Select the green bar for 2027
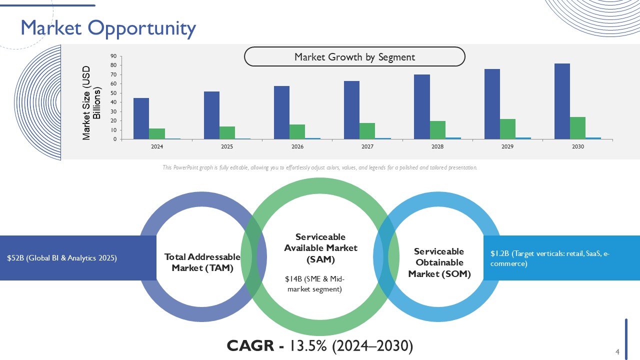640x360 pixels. (x=367, y=131)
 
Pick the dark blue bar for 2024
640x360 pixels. (x=141, y=118)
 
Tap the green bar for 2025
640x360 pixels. (x=227, y=133)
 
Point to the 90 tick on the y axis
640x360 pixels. (x=114, y=56)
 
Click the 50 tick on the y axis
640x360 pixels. (x=114, y=93)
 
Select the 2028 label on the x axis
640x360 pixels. (x=437, y=147)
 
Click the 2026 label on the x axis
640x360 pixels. (x=297, y=147)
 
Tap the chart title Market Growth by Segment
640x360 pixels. (x=354, y=57)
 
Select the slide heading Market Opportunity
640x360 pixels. (x=108, y=28)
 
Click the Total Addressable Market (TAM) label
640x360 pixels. (x=202, y=262)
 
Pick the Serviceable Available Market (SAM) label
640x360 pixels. (x=320, y=248)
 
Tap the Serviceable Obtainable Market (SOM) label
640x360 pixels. (x=439, y=262)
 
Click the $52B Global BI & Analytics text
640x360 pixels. (x=61, y=258)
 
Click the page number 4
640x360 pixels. (x=617, y=351)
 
